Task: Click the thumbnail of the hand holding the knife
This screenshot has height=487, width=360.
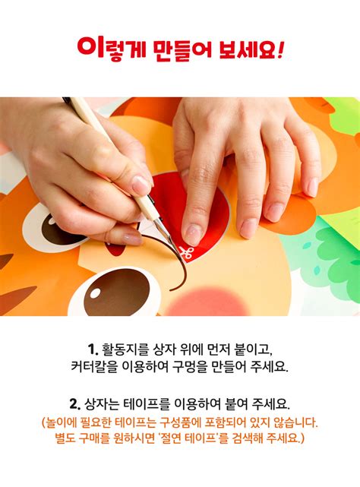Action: coord(141,185)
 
